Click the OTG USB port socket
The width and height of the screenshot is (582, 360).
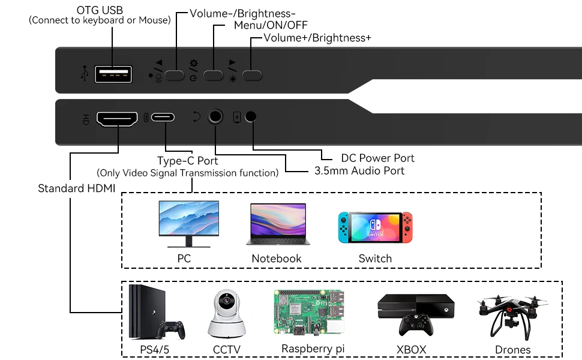point(113,74)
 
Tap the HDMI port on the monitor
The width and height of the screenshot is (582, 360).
point(117,119)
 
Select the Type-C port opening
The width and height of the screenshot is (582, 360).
point(163,117)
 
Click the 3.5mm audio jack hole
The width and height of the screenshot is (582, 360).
point(215,116)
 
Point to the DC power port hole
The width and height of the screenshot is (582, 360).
point(251,116)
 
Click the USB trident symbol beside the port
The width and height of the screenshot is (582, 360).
point(85,73)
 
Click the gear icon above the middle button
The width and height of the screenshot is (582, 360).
point(194,63)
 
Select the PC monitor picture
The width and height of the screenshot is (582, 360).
point(188,224)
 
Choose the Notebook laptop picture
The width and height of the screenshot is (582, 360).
point(278,224)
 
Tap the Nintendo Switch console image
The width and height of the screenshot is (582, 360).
point(375,227)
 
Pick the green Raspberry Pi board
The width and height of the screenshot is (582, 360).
point(309,313)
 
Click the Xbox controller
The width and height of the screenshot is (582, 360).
point(416,325)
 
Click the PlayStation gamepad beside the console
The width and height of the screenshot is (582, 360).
point(171,329)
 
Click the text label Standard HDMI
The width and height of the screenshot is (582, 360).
point(76,188)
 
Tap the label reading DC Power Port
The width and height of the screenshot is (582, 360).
point(377,158)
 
